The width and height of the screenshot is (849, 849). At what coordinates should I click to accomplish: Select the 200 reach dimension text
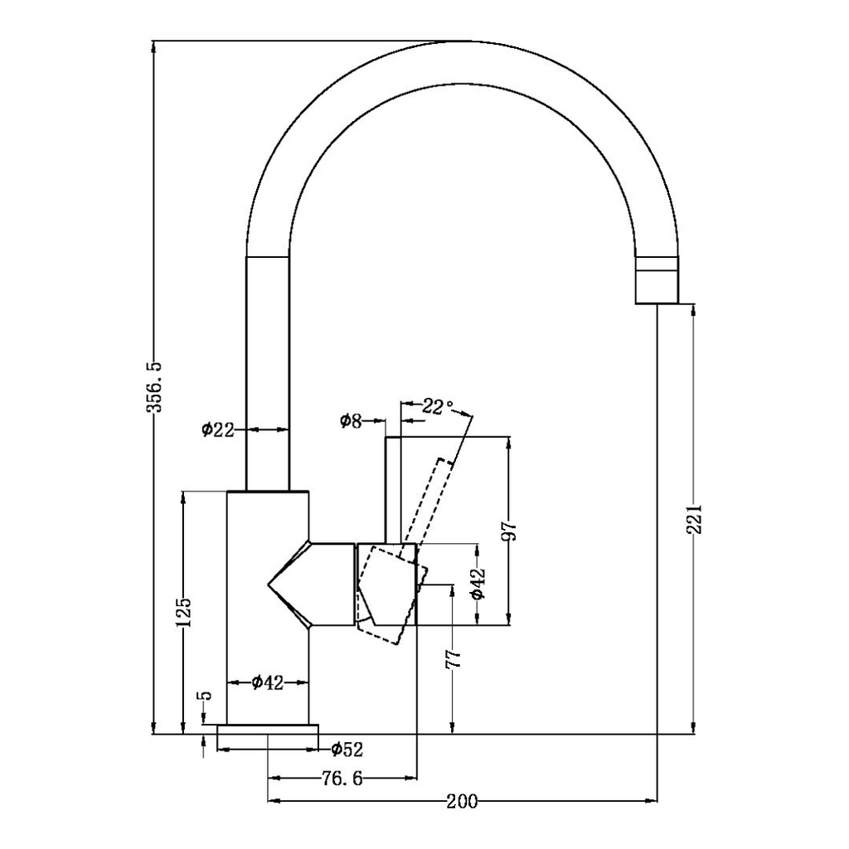[462, 802]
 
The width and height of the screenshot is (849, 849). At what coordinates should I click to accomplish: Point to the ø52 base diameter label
[346, 750]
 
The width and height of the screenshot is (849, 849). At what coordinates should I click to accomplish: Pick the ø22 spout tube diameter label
[218, 429]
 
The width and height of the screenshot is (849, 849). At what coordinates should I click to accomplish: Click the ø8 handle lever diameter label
[351, 421]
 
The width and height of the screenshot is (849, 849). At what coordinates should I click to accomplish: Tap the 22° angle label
[437, 406]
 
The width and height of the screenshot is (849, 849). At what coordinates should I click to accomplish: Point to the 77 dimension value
[454, 658]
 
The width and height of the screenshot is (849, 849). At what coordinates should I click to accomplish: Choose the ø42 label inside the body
[267, 682]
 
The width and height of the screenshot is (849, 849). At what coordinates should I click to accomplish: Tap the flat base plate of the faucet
[267, 730]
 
